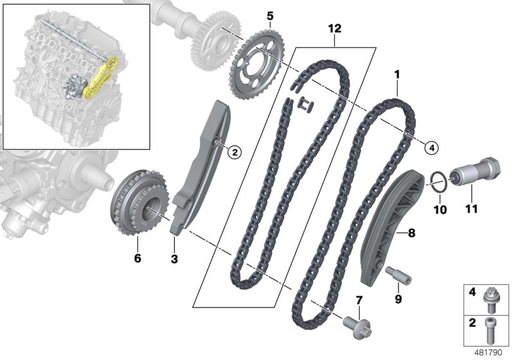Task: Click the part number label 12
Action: tap(335, 29)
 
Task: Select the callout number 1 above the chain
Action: tap(397, 75)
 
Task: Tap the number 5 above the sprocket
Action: tap(270, 15)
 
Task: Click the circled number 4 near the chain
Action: tap(432, 148)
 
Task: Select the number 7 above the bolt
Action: tap(359, 300)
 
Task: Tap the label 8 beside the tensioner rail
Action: tap(411, 233)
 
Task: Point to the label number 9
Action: tap(397, 298)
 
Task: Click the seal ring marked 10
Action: tap(438, 181)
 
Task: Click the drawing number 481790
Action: tap(488, 352)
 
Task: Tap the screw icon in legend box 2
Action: tap(492, 327)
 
